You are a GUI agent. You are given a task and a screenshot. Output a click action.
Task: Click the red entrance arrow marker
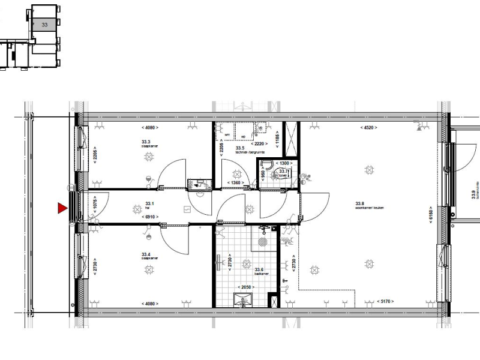(61, 209)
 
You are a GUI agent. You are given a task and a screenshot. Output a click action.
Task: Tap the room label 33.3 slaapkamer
(148, 144)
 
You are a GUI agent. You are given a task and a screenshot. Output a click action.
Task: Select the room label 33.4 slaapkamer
(149, 256)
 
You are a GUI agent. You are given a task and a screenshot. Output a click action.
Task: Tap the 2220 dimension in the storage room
(260, 144)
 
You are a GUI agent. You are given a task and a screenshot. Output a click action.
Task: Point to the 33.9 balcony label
(473, 195)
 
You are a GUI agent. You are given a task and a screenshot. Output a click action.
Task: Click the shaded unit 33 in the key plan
(44, 24)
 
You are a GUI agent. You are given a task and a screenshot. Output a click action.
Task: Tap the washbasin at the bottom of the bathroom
(242, 299)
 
